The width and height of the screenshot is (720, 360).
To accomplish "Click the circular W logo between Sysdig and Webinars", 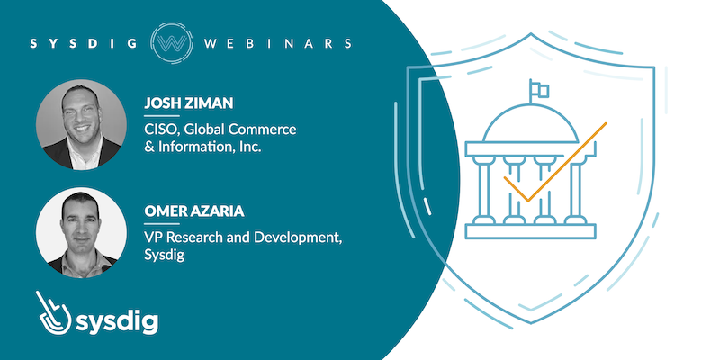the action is [171, 42].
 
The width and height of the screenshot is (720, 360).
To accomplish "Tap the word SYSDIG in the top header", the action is [84, 43].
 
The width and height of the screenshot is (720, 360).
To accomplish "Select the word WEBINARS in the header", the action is [278, 43].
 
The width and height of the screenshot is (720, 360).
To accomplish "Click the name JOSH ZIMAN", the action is [189, 103].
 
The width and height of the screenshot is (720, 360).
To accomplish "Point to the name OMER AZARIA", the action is [194, 211].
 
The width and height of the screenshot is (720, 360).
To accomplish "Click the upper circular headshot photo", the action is [81, 124].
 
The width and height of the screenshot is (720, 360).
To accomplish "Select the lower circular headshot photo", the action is [81, 232].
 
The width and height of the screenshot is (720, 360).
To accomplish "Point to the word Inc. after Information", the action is [251, 148].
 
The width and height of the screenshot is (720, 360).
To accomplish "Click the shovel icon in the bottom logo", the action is [52, 312].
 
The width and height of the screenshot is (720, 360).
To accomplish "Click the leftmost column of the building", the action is [484, 189].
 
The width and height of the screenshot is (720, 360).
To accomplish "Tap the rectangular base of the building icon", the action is [530, 231].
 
